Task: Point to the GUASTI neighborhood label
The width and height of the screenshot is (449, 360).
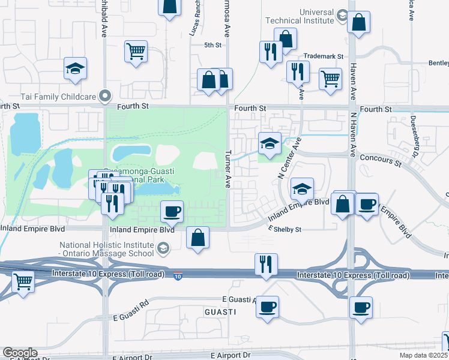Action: [x=220, y=313]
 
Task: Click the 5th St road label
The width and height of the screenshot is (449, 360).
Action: [x=212, y=45]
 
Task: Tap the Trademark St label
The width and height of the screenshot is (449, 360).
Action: [x=323, y=56]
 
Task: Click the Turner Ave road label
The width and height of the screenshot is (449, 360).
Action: [x=228, y=169]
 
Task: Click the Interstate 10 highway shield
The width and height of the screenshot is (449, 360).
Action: [x=178, y=276]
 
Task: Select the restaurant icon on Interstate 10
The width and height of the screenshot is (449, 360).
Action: [x=265, y=264]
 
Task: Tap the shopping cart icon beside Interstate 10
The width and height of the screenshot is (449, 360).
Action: [x=23, y=280]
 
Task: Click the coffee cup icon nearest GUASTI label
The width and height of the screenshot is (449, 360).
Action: [x=268, y=307]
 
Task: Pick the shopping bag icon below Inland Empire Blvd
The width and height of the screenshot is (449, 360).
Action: [x=198, y=238]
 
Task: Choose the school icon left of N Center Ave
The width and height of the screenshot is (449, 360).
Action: [x=270, y=143]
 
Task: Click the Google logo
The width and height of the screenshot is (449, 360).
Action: [x=20, y=353]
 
